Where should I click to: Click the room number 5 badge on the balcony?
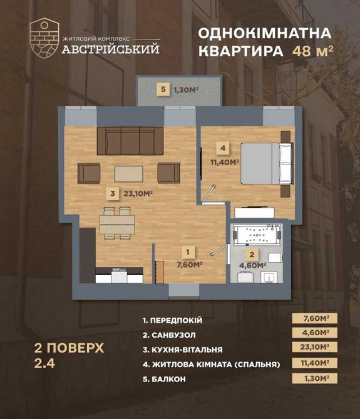coord(163,90)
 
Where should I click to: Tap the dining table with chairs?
coord(117,222)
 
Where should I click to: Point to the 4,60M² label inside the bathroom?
coord(252,265)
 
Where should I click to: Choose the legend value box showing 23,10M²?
coord(314,348)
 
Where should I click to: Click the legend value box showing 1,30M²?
coord(314,378)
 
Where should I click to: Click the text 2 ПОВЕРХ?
coord(68,348)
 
